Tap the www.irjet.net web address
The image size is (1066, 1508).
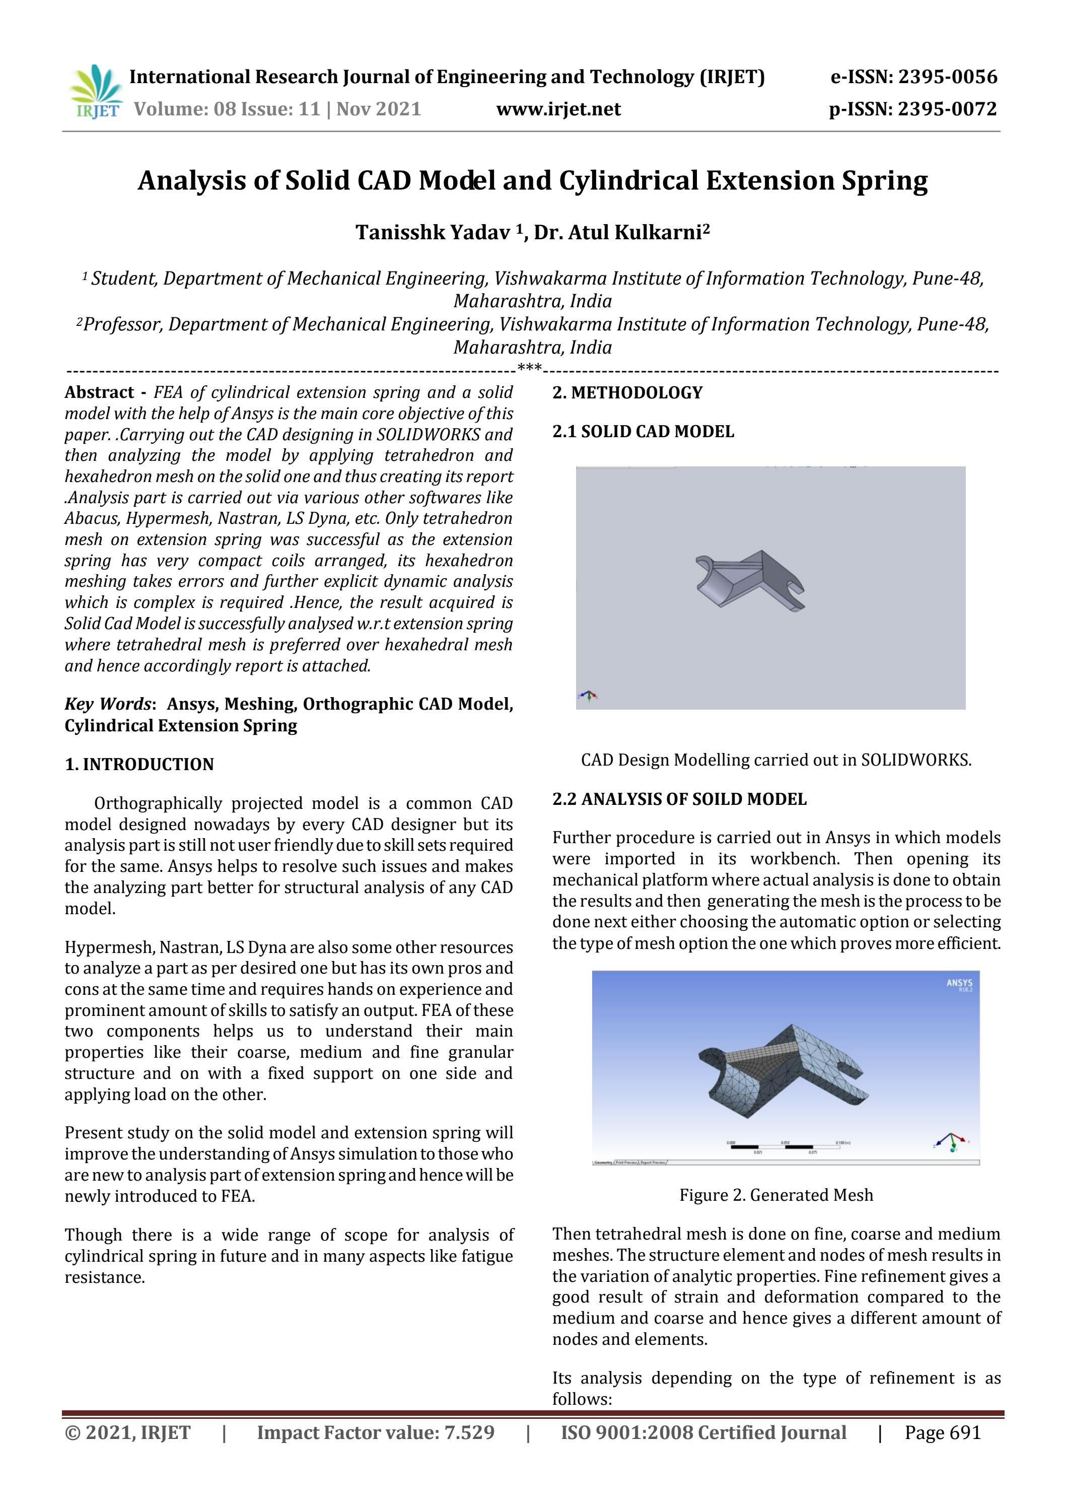pos(558,108)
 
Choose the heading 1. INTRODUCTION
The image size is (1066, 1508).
pos(139,764)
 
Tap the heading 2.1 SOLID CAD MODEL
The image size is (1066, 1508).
pos(643,432)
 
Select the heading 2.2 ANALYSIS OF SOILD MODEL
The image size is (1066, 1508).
pos(679,799)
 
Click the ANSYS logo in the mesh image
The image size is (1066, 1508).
pos(958,984)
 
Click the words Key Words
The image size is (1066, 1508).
pos(108,704)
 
